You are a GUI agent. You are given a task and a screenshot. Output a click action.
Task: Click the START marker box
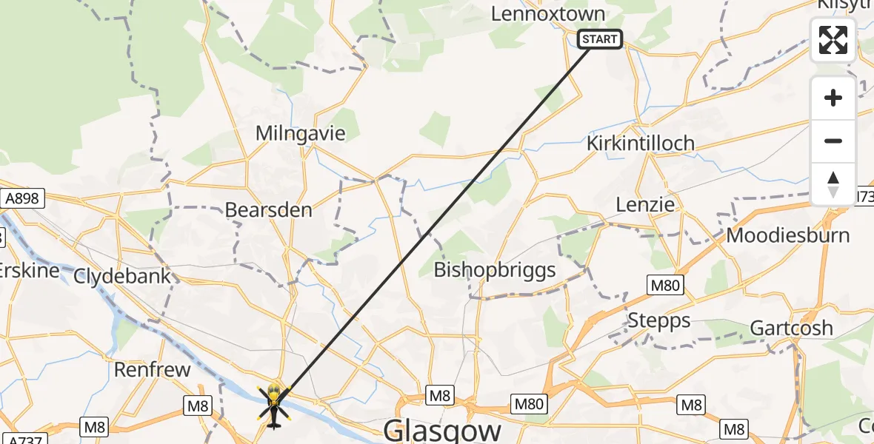(x=599, y=39)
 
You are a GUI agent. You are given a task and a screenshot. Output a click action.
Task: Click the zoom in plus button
(x=833, y=98)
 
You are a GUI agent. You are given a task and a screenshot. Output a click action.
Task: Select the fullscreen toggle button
(x=833, y=40)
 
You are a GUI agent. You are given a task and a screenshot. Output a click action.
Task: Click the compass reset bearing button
(x=833, y=184)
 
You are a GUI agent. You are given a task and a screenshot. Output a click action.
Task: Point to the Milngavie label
(x=300, y=133)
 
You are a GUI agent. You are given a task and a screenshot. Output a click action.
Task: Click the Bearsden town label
(x=268, y=209)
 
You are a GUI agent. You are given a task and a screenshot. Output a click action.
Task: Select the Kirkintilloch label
(x=640, y=143)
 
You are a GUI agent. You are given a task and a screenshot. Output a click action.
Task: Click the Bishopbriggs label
(x=495, y=269)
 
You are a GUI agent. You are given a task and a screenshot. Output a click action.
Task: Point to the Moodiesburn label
(x=788, y=235)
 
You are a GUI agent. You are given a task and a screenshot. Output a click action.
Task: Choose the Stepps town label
(x=658, y=320)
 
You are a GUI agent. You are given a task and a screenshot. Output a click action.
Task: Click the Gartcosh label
(x=791, y=328)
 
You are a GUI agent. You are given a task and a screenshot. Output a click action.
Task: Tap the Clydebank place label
(x=122, y=276)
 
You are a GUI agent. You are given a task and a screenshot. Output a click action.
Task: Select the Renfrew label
(x=152, y=369)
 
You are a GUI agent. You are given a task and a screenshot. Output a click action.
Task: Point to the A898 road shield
(x=22, y=198)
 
